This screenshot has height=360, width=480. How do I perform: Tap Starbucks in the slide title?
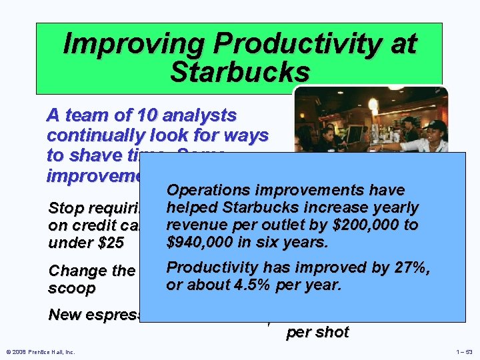(240, 72)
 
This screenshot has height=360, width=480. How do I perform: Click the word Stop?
(64, 208)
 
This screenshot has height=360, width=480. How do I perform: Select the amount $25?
(109, 243)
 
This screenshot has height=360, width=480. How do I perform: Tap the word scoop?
(71, 289)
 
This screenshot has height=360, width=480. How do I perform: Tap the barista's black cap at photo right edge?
(437, 125)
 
